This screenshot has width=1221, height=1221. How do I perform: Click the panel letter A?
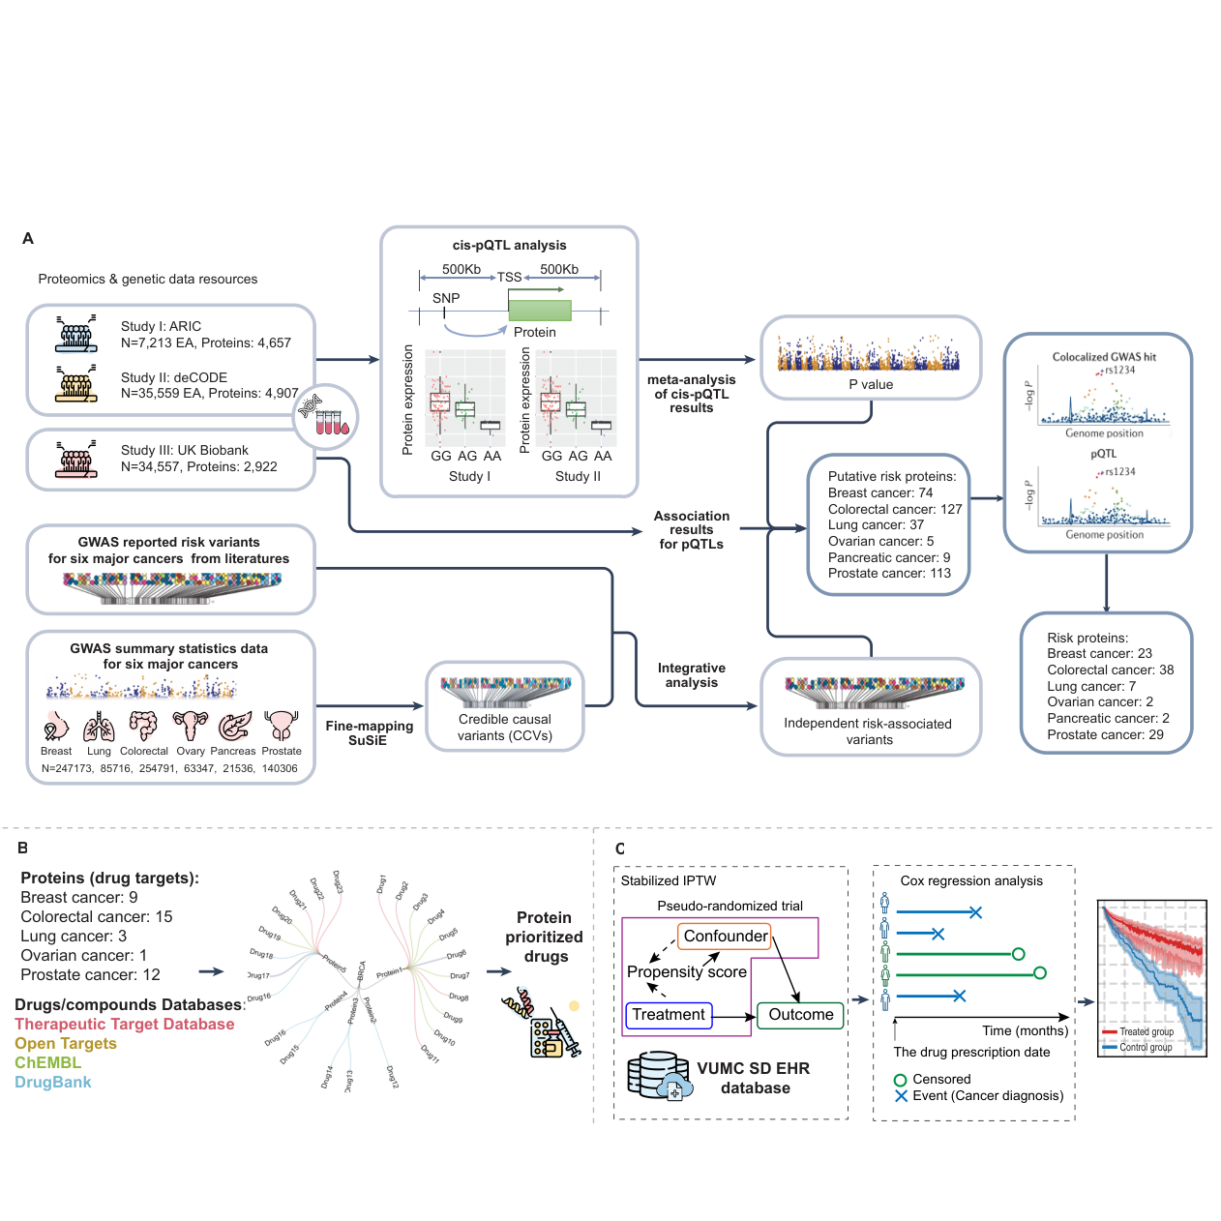pyautogui.click(x=28, y=238)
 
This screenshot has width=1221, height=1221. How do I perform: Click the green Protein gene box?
pyautogui.click(x=539, y=311)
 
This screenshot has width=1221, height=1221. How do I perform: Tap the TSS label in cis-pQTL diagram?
pyautogui.click(x=509, y=277)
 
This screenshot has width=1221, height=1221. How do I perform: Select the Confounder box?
pyautogui.click(x=725, y=936)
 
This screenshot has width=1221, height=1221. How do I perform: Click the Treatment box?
pyautogui.click(x=669, y=1015)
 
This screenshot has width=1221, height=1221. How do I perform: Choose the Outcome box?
pyautogui.click(x=800, y=1015)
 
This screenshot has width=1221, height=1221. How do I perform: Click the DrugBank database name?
pyautogui.click(x=53, y=1082)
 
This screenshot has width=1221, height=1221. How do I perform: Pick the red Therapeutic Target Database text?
pyautogui.click(x=125, y=1024)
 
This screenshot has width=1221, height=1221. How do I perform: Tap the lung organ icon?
pyautogui.click(x=99, y=727)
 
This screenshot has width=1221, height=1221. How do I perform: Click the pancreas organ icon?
pyautogui.click(x=234, y=726)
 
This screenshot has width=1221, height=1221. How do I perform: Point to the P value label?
pyautogui.click(x=871, y=384)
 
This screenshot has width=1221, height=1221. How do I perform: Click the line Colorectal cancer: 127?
pyautogui.click(x=895, y=509)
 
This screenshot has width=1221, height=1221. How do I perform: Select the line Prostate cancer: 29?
pyautogui.click(x=1105, y=734)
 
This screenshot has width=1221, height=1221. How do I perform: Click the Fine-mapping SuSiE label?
pyautogui.click(x=369, y=732)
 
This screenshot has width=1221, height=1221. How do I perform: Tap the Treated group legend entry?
pyautogui.click(x=1146, y=1031)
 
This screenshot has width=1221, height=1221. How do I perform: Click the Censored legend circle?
pyautogui.click(x=900, y=1080)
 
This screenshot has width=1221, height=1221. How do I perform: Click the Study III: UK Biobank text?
pyautogui.click(x=185, y=450)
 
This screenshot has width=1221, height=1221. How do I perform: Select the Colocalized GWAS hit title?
pyautogui.click(x=1104, y=357)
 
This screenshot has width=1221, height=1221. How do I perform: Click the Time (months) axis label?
pyautogui.click(x=1025, y=1030)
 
